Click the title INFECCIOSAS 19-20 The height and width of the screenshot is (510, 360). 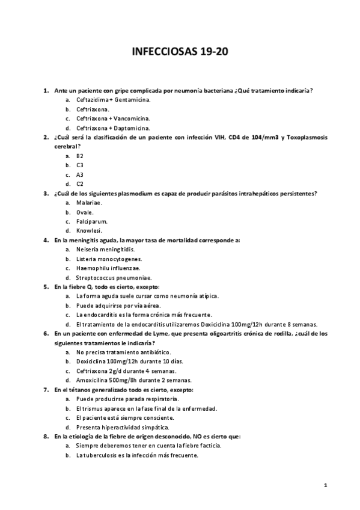pos(180,52)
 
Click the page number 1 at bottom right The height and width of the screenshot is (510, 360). pos(325,485)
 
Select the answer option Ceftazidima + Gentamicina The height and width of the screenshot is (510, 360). pos(113,100)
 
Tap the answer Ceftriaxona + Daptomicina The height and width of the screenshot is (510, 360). pos(113,128)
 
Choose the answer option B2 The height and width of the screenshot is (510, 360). pos(80,156)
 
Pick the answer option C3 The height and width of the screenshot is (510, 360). pos(80,165)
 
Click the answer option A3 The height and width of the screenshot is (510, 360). pos(80,174)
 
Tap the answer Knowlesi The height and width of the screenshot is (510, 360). pos(89,230)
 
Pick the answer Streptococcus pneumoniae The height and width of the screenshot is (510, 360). pos(114,277)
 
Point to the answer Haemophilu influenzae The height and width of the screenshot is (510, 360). pos(109,268)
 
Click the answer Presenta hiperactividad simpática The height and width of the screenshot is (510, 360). pos(123,427)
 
